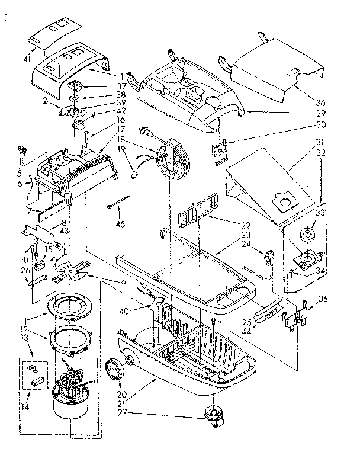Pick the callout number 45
[120, 223]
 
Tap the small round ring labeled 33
[307, 234]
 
